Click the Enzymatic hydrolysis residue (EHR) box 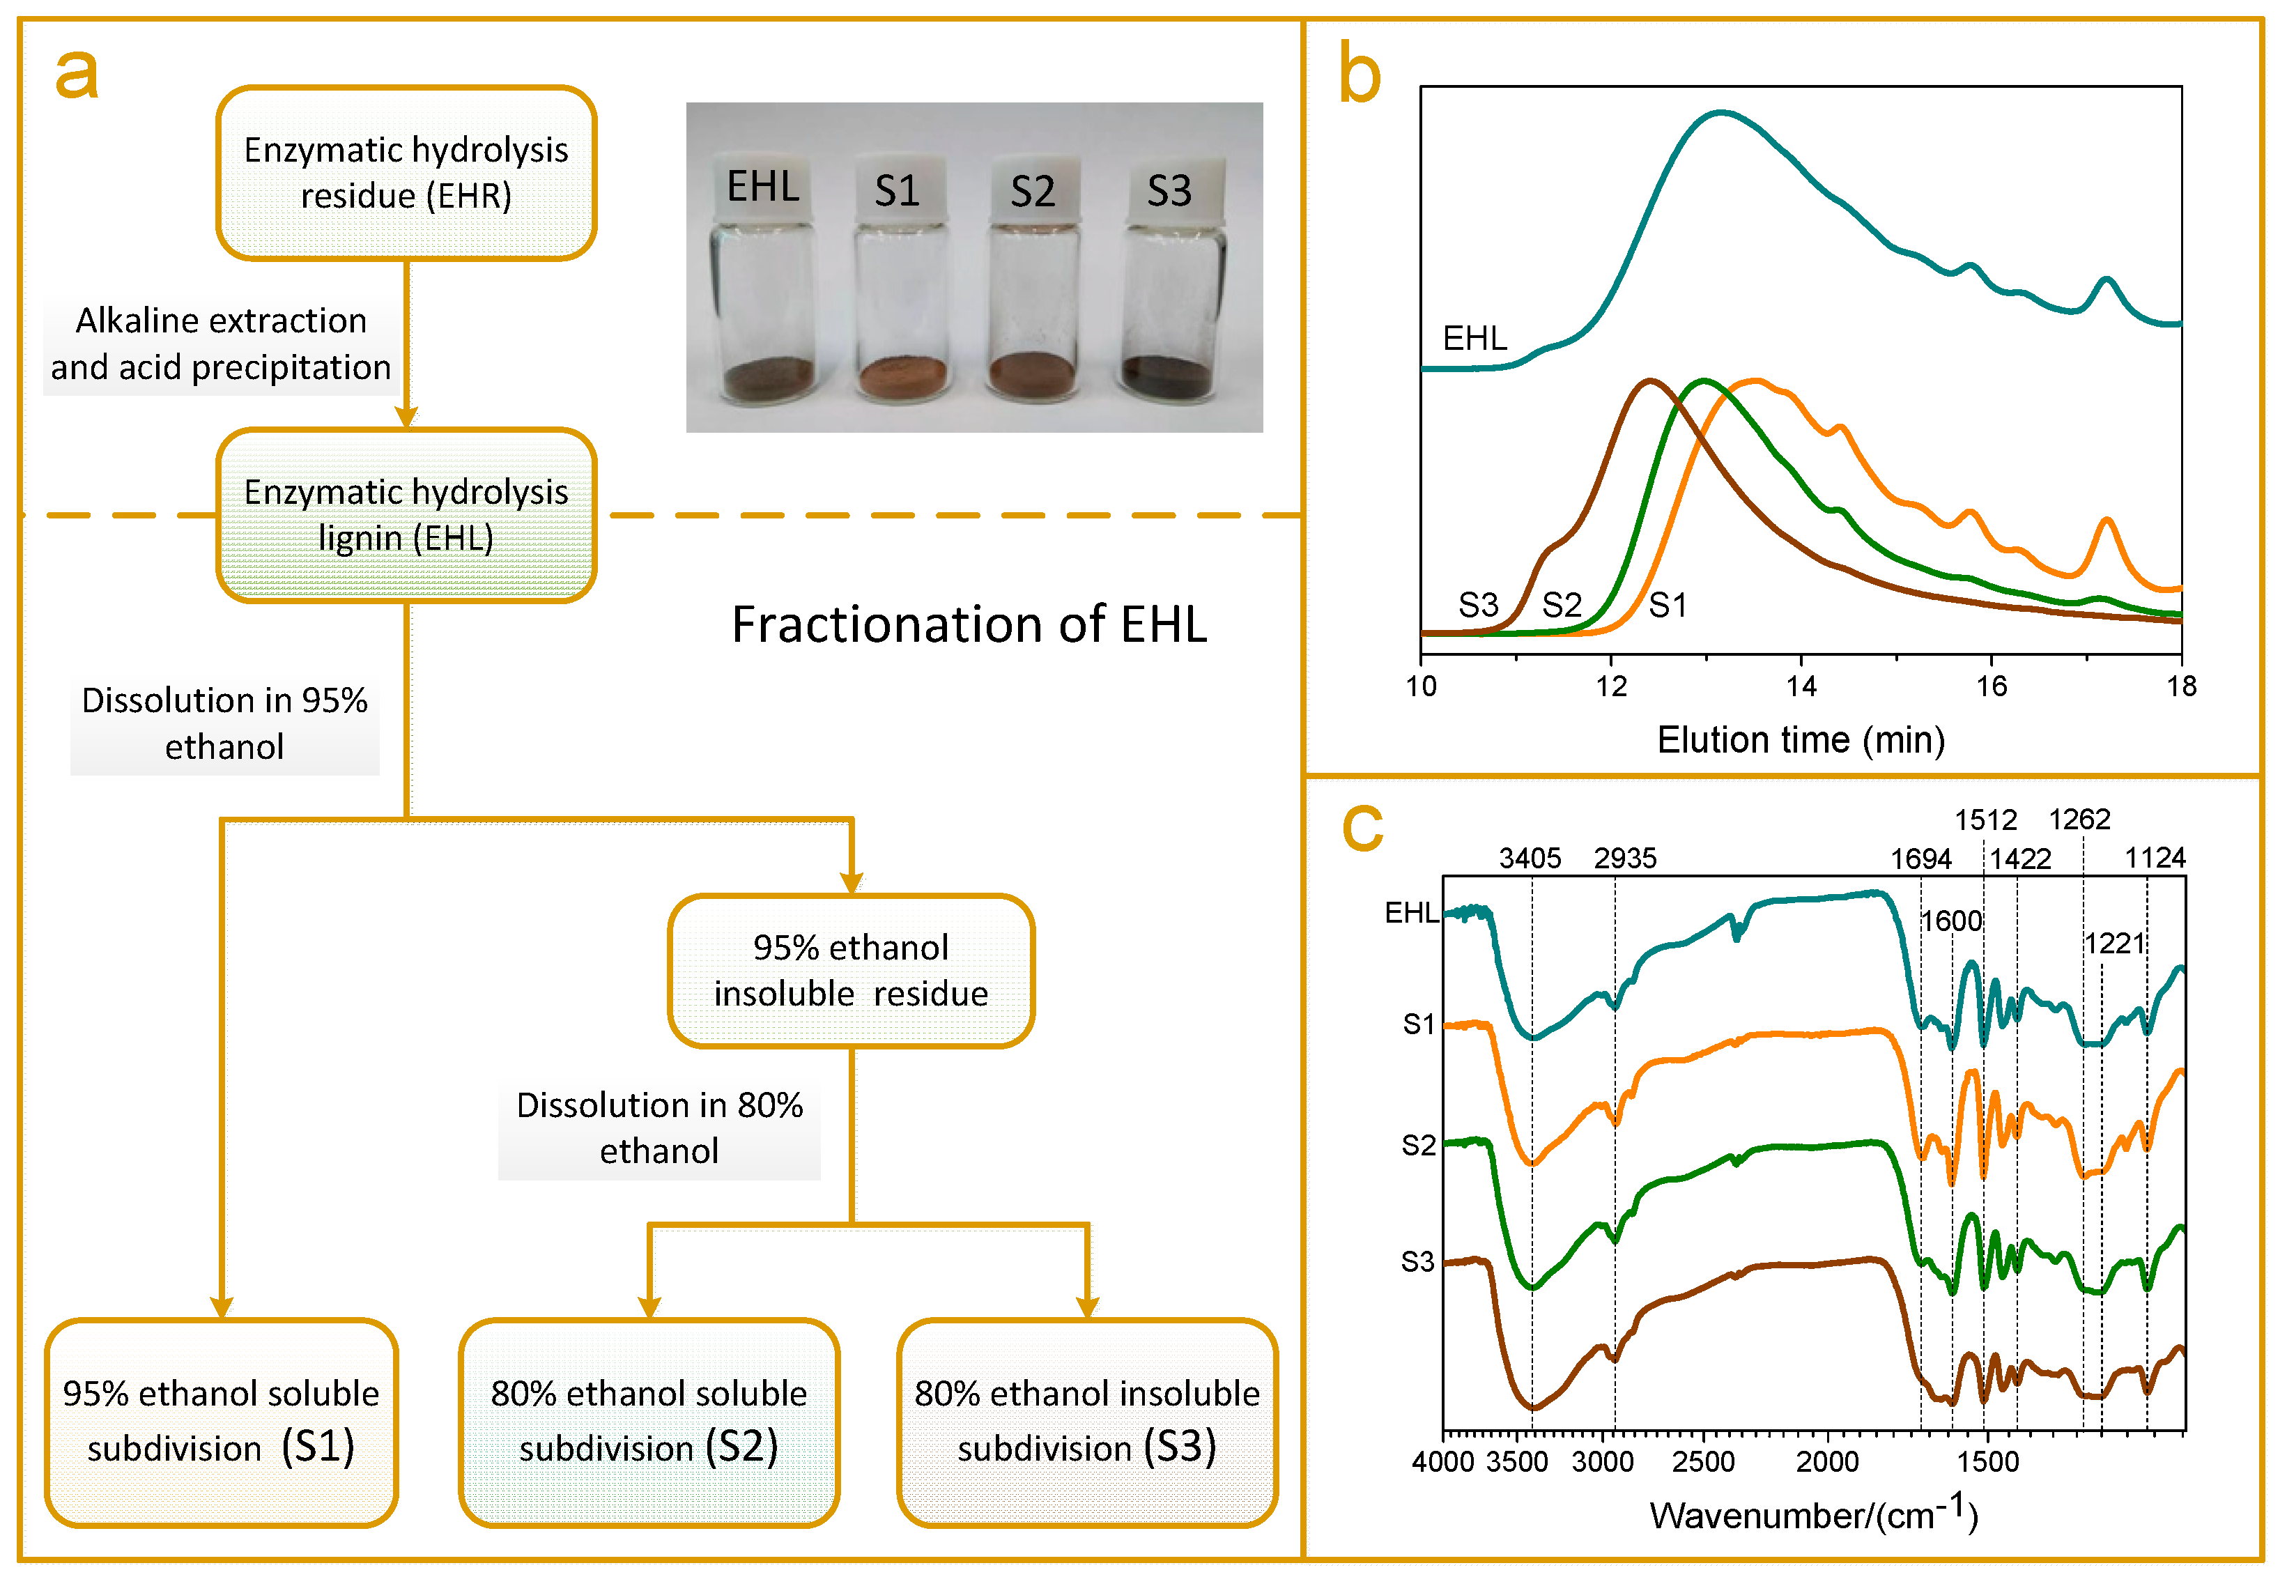tap(406, 173)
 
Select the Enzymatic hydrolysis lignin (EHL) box tap(406, 515)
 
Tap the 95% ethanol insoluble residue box tap(851, 970)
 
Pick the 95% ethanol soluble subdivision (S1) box tap(222, 1423)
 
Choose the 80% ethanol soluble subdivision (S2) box tap(649, 1423)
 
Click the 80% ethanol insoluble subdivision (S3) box tap(1086, 1423)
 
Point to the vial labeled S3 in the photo tap(1170, 286)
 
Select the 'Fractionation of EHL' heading tap(969, 624)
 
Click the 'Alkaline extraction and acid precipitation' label tap(222, 344)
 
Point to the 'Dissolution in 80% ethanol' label tap(659, 1128)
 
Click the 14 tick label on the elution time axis tap(1801, 686)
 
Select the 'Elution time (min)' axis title tap(1800, 739)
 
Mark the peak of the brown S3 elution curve tap(1649, 380)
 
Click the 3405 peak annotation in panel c tap(1530, 858)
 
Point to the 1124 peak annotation tap(2155, 858)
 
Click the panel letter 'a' tap(77, 74)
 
